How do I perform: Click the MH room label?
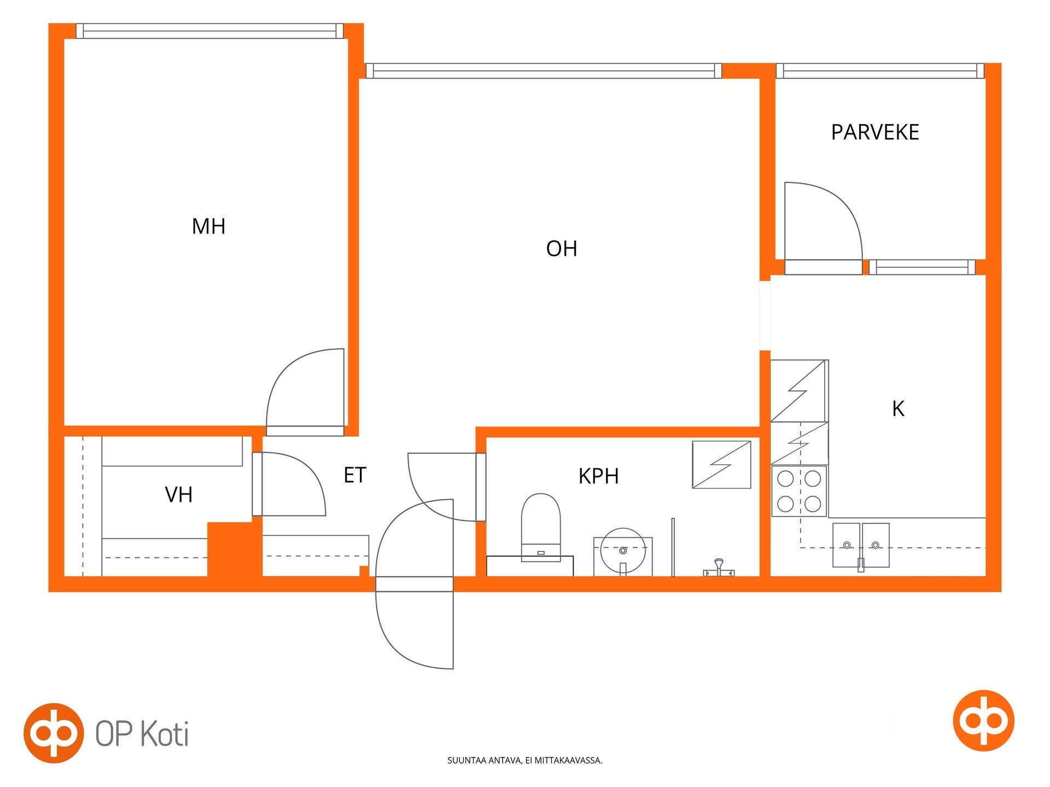(x=208, y=226)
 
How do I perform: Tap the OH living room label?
(x=562, y=249)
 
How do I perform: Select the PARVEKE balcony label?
(x=875, y=132)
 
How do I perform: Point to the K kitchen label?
(x=898, y=409)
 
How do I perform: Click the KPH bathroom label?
(x=599, y=476)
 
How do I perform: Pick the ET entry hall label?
(x=355, y=475)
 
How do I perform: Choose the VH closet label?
(x=179, y=495)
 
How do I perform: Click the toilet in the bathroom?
(x=541, y=527)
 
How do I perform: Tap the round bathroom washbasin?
(x=622, y=550)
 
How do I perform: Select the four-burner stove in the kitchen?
(x=799, y=491)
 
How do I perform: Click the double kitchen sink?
(x=861, y=545)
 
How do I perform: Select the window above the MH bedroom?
(x=209, y=31)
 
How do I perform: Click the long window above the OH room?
(x=544, y=71)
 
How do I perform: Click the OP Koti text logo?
(x=142, y=733)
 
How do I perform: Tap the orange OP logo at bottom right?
(x=983, y=720)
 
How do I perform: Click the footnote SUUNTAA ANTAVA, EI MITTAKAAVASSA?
(x=524, y=760)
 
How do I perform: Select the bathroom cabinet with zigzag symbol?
(x=721, y=465)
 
